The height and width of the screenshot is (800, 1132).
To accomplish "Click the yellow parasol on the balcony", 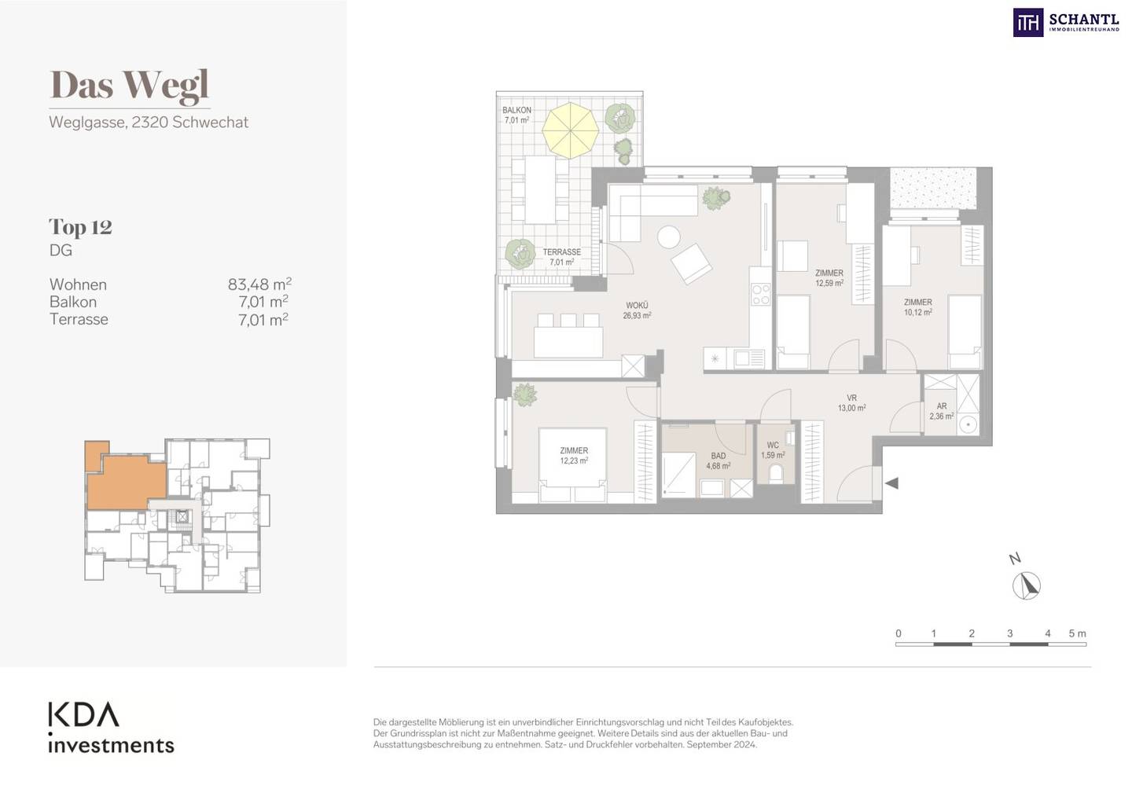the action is coord(570,130).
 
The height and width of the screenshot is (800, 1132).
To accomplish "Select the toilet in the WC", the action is coord(775,473).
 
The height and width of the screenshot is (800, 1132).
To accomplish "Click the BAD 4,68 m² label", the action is coord(719,461).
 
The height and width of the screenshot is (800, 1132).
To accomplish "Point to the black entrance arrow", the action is coord(891,483).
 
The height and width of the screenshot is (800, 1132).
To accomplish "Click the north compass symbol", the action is coord(1027,586).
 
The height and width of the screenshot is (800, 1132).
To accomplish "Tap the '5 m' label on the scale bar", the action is coord(1077,633).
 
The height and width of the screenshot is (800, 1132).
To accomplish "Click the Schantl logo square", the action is coord(1028,23).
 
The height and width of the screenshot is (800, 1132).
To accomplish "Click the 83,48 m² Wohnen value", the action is coord(259,284).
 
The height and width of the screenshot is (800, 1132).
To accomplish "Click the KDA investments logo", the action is coord(111,727).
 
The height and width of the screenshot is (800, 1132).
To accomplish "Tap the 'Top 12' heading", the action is coord(80,227).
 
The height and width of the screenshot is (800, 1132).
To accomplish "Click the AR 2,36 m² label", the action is coord(942,411).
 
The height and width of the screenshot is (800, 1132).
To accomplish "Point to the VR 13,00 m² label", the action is coord(852,403).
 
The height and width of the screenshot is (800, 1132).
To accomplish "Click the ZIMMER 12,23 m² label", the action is coord(574,456).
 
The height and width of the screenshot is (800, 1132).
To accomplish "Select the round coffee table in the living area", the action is coord(668,237).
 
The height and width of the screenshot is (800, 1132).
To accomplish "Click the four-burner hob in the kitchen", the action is coord(761,295).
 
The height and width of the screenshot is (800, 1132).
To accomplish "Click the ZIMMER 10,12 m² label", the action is coord(917,307).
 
